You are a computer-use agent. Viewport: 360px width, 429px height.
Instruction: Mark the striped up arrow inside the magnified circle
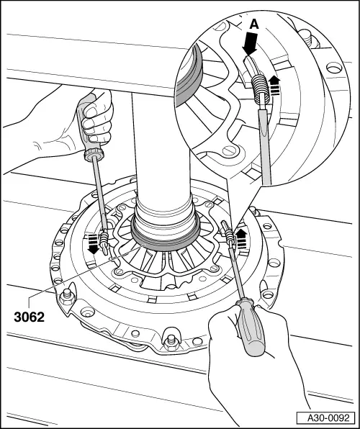click(x=274, y=86)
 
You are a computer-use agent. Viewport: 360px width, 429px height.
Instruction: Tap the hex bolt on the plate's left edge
click(x=68, y=295)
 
